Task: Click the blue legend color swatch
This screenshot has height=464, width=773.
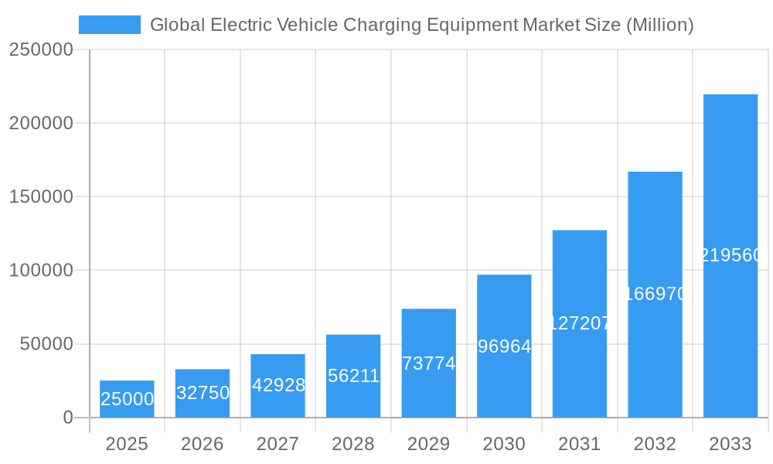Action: coord(110,25)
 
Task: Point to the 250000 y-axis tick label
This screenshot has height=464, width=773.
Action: coord(41,49)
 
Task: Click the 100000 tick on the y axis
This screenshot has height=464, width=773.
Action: coord(41,271)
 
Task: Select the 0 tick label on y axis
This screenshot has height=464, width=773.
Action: coord(67,418)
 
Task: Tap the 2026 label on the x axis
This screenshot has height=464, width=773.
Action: coord(203,444)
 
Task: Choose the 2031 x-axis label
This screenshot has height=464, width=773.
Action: coord(580,444)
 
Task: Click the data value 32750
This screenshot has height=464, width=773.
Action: coord(203,393)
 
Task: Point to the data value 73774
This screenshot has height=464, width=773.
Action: coord(429,363)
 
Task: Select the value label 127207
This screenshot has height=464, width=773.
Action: coord(580,323)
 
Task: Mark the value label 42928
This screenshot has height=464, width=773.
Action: coord(278,385)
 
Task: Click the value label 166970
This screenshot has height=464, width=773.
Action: coord(655,294)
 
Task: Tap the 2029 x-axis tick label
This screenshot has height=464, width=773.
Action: coord(429,444)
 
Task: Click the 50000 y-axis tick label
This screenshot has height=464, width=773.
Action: coord(46,344)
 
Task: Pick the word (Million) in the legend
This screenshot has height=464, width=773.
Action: coord(659,25)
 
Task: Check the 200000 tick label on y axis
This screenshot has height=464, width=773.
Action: coord(41,123)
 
